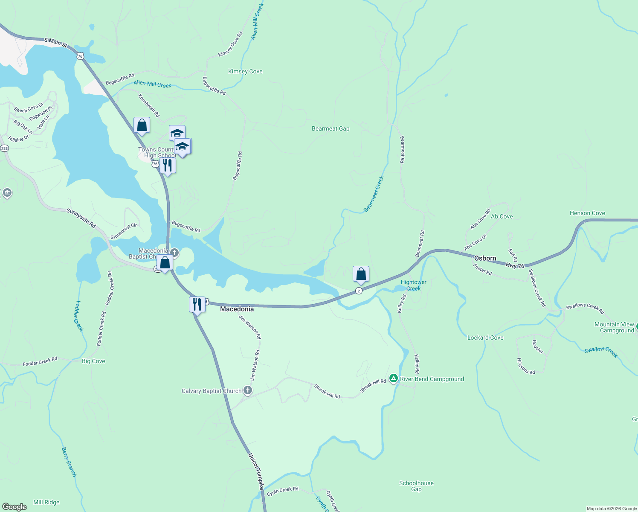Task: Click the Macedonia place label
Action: pyautogui.click(x=237, y=309)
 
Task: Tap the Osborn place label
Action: pyautogui.click(x=485, y=258)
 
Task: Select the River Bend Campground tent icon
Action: pyautogui.click(x=393, y=378)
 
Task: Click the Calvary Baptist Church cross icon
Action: pyautogui.click(x=247, y=390)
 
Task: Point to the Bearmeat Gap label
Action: pyautogui.click(x=331, y=128)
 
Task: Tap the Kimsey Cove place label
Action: pyautogui.click(x=245, y=71)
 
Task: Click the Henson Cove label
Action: pyautogui.click(x=587, y=213)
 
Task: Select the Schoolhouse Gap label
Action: pyautogui.click(x=416, y=486)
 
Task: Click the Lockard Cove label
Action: pyautogui.click(x=485, y=337)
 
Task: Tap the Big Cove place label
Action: pyautogui.click(x=93, y=361)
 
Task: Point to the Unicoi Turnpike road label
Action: pyautogui.click(x=256, y=471)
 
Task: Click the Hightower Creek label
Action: pyautogui.click(x=413, y=285)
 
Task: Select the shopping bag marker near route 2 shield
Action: pyautogui.click(x=361, y=274)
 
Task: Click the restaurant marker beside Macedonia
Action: pyautogui.click(x=197, y=305)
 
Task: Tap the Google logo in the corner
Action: pyautogui.click(x=14, y=506)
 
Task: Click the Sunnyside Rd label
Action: pyautogui.click(x=81, y=218)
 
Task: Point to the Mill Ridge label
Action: pyautogui.click(x=46, y=502)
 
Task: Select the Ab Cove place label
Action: pyautogui.click(x=502, y=216)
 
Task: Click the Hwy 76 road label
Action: pyautogui.click(x=515, y=266)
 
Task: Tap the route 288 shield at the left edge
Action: pyautogui.click(x=4, y=148)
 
